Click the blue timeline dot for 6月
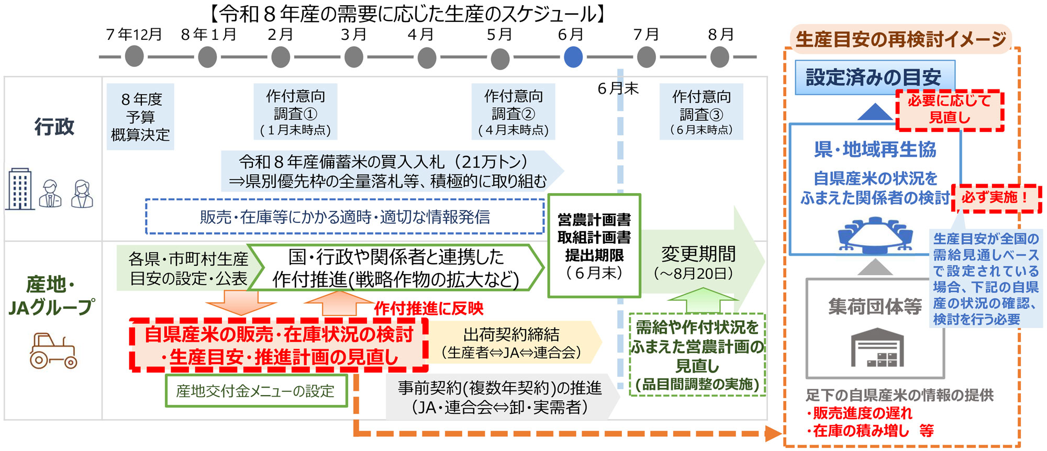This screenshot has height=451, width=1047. point(573,57)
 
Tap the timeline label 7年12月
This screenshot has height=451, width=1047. point(134,35)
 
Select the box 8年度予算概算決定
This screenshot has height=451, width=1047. point(140,117)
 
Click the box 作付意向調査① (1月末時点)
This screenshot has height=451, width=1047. point(295,112)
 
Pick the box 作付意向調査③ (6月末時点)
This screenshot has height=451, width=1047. point(701,112)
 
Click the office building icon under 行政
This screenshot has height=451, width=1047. point(20,189)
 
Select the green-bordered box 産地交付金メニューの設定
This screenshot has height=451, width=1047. point(256,391)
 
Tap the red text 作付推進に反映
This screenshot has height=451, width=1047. point(429,309)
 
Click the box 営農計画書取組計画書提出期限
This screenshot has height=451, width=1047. point(594,246)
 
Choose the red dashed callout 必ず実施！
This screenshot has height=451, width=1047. point(996,198)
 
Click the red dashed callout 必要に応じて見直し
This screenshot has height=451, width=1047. point(950,109)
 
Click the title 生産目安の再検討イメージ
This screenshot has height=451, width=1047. point(900,39)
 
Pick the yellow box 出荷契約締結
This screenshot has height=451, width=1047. point(511,343)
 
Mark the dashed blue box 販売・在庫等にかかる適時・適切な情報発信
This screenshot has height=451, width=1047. point(345,217)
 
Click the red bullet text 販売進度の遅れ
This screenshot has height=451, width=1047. point(862,413)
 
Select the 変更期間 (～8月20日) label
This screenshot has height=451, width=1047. point(697,262)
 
